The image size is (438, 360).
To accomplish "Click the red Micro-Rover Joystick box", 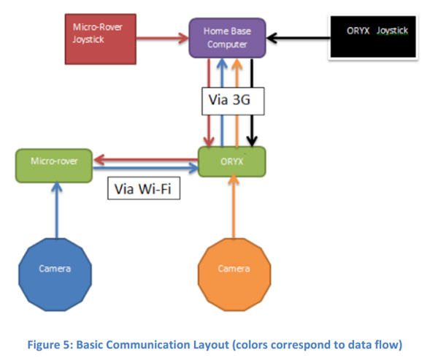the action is pos(101,39).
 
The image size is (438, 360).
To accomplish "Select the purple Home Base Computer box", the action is pos(227,38).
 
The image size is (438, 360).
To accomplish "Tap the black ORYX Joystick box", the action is pos(373,37).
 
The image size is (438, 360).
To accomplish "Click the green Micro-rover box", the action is pos(54,166).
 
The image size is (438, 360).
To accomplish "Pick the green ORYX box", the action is pos(232,161).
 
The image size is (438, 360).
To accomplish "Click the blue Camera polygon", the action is pos(55,275).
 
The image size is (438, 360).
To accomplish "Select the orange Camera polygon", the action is pos(234,275).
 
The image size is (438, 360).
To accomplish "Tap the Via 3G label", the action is pos(233,102).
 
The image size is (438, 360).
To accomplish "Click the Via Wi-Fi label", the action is pos(144,188).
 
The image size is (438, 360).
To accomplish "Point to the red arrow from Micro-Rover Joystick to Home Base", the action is pos(163,38).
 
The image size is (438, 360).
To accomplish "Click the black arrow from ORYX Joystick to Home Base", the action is pos(299,38).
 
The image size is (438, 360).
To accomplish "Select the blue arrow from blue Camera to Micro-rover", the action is pos(57,210).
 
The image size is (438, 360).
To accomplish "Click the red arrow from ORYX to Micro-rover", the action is pos(146,160).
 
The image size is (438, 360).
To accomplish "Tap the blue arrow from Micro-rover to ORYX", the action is pos(146,168).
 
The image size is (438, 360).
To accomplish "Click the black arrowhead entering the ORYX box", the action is pos(252,142).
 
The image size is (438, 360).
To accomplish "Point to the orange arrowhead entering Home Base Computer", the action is pos(237,64).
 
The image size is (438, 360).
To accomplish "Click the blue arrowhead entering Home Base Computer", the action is pos(222,64).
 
